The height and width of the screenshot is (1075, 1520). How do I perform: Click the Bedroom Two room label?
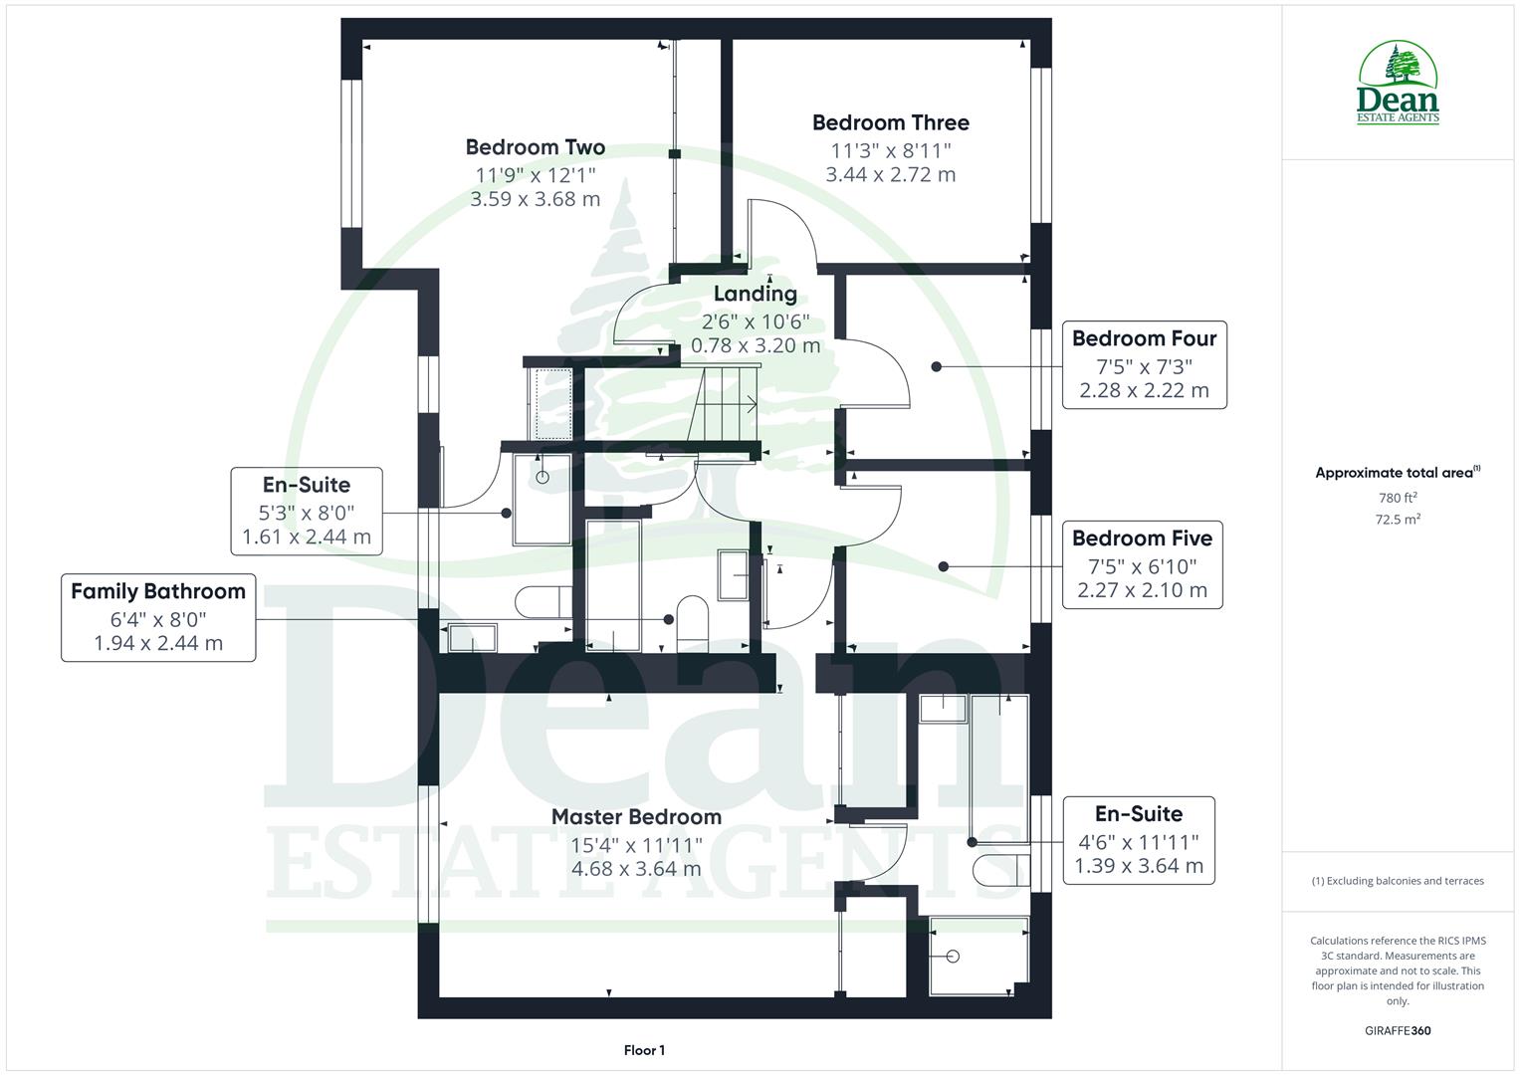point(535,147)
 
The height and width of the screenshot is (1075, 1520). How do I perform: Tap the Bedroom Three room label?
point(890,122)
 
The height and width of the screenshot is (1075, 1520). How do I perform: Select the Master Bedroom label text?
point(636,817)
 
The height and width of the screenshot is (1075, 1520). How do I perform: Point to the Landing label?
point(755,294)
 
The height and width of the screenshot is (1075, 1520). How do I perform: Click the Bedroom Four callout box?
point(1144,364)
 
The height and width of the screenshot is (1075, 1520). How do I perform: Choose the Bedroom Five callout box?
point(1142,564)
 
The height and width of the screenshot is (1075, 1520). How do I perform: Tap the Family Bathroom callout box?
point(158,617)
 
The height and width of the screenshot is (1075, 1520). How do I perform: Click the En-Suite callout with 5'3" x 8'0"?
point(307,512)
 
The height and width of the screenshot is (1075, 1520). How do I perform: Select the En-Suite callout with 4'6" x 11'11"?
point(1139,840)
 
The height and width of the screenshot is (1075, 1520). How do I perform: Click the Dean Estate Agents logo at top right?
point(1398,84)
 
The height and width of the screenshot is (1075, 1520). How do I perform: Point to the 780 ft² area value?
point(1398,498)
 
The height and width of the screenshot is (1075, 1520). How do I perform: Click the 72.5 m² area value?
point(1398,520)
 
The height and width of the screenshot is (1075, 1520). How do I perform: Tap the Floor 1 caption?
point(644,1050)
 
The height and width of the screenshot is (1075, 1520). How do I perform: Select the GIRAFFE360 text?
point(1398,1030)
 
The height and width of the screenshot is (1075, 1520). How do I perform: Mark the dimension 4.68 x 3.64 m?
point(636,869)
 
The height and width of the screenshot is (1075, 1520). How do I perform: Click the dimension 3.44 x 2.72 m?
point(890,175)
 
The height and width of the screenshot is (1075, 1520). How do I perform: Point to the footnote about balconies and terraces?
point(1398,881)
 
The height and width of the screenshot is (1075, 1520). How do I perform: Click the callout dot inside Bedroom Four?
point(936,366)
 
